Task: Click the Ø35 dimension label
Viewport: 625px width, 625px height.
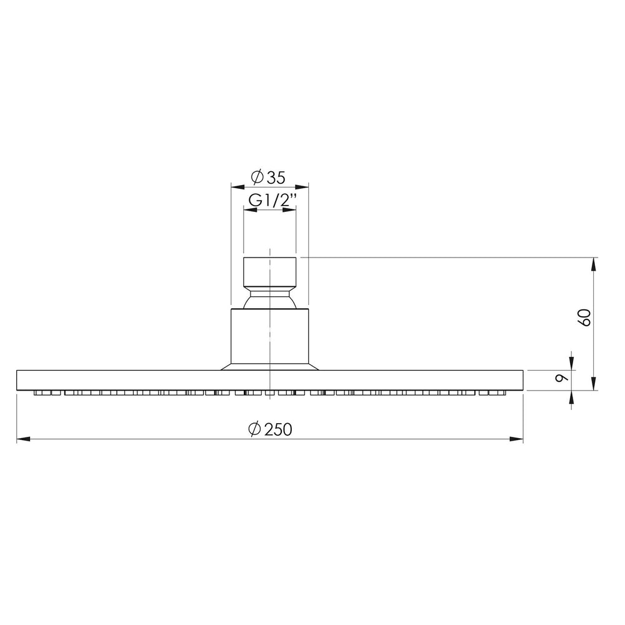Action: (x=268, y=177)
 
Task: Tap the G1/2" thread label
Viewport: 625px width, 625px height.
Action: (x=273, y=200)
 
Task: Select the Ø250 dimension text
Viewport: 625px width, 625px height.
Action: (x=270, y=429)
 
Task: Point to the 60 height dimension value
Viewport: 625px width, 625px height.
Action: (x=585, y=317)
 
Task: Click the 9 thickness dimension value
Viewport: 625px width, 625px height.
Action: (x=562, y=377)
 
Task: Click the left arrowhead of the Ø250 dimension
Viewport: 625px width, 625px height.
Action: (x=24, y=439)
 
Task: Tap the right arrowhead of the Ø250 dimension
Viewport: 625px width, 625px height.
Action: (x=516, y=439)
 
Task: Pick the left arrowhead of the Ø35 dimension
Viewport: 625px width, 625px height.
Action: (x=238, y=186)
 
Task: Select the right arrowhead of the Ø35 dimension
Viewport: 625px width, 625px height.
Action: (x=302, y=186)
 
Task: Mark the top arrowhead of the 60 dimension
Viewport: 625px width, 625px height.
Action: (x=594, y=264)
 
